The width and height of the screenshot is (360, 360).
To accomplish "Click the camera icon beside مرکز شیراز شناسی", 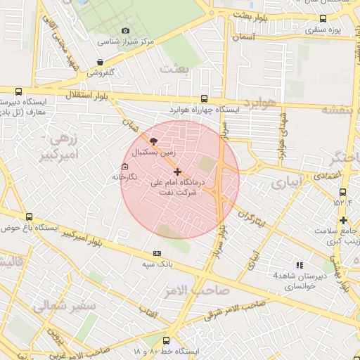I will [125, 30].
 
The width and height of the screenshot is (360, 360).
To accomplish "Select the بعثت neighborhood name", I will [176, 68].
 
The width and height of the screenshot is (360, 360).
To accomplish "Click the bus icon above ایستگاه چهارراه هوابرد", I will [204, 99].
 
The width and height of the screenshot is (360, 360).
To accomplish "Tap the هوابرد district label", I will [259, 104].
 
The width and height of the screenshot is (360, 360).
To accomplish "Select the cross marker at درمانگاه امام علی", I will [177, 172].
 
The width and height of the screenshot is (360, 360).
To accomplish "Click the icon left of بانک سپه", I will [156, 253].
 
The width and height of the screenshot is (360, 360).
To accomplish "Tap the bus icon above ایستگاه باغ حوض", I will [29, 217].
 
